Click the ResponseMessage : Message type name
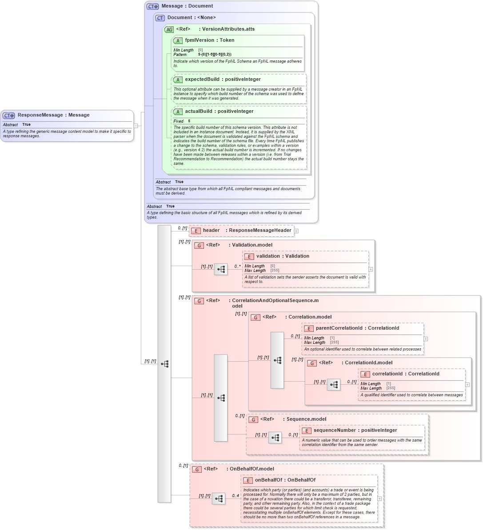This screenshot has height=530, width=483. (x=53, y=115)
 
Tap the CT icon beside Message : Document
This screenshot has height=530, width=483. (x=152, y=6)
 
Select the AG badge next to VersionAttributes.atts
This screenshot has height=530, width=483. (x=169, y=29)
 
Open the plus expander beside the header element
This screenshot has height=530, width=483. (x=296, y=231)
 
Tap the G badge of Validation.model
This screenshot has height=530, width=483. (x=199, y=245)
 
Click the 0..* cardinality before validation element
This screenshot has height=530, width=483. (x=237, y=267)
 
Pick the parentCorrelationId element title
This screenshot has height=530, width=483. (x=357, y=328)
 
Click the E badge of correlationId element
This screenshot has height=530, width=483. (x=365, y=374)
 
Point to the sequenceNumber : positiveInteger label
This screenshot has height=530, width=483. (x=355, y=430)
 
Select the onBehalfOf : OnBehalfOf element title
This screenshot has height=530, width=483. (x=285, y=480)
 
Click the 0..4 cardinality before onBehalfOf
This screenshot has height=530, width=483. (x=236, y=496)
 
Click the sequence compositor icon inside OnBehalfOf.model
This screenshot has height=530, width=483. (x=219, y=499)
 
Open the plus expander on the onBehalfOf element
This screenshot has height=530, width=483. (x=379, y=498)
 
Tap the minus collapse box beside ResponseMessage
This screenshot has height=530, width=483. (x=136, y=126)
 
